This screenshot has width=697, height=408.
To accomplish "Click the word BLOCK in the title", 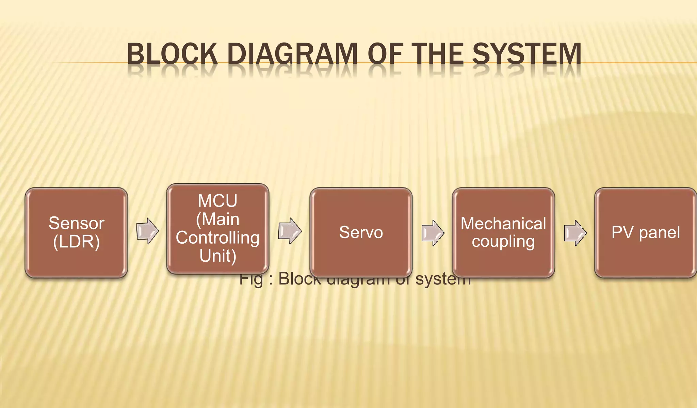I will tap(172, 54).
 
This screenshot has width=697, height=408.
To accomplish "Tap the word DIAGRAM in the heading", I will tap(292, 54).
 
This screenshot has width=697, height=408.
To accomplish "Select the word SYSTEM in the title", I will tap(526, 54).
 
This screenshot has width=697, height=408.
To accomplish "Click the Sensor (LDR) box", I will tap(76, 232).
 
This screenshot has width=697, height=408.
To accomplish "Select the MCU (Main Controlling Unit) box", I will tap(217, 228).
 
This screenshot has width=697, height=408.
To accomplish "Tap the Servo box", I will tap(361, 232).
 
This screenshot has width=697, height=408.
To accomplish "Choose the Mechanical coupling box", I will tap(503, 232).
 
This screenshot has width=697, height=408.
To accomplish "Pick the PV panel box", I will tap(645, 232).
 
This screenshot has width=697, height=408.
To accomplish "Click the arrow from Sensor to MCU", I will tap(147, 231).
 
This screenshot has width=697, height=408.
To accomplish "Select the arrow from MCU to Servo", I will tap(290, 231).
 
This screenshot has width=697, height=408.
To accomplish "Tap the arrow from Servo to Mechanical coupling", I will tap(433, 233).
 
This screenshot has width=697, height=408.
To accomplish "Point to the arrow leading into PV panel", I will tap(575, 233).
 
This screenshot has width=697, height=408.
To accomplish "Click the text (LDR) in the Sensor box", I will tap(77, 242).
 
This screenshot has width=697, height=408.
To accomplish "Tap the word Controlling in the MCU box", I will tap(217, 238).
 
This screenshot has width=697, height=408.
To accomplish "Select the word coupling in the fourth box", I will tap(503, 242).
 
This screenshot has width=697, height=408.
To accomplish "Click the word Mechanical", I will tap(503, 224).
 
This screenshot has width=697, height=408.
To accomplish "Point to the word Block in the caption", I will tap(299, 279).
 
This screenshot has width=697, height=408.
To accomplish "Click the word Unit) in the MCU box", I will tap(218, 256).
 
